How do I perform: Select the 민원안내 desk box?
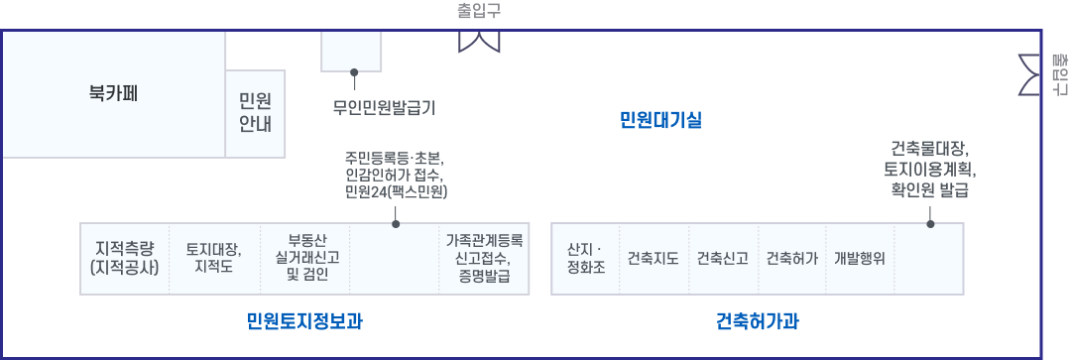coord(256,113)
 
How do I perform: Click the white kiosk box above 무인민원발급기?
coord(351,51)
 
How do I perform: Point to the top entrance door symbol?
coord(478,40)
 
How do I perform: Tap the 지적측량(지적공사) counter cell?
coord(125,258)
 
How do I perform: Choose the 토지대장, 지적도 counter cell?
coord(214,258)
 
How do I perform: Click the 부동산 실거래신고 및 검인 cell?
coord(304,258)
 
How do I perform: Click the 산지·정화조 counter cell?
coord(584,259)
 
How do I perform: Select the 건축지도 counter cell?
coord(653,259)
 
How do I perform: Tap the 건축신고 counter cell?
coord(722,259)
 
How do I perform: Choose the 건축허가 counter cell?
coord(791,259)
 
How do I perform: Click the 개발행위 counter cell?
coord(859,259)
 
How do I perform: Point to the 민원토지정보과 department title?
coord(298,321)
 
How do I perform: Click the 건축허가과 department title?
coord(758,321)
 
